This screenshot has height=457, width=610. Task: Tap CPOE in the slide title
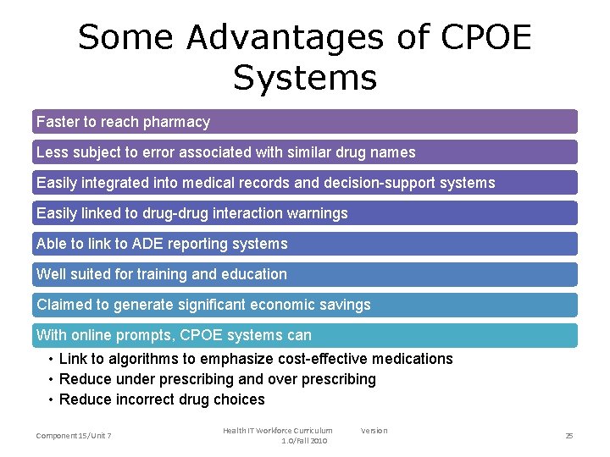[x=486, y=37]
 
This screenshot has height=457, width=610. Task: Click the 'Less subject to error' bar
[x=305, y=152]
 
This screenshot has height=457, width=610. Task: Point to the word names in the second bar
[x=395, y=152]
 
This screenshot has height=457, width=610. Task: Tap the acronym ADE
[x=123, y=244]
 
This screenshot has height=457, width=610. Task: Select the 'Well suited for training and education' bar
[x=305, y=274]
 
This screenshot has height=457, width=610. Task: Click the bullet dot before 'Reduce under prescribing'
[x=52, y=379]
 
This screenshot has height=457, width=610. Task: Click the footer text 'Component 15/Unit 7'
[x=74, y=436]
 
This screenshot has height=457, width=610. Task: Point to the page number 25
[x=569, y=436]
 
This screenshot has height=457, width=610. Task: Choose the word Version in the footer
[x=374, y=431]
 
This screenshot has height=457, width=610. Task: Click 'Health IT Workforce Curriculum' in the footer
[x=278, y=431]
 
